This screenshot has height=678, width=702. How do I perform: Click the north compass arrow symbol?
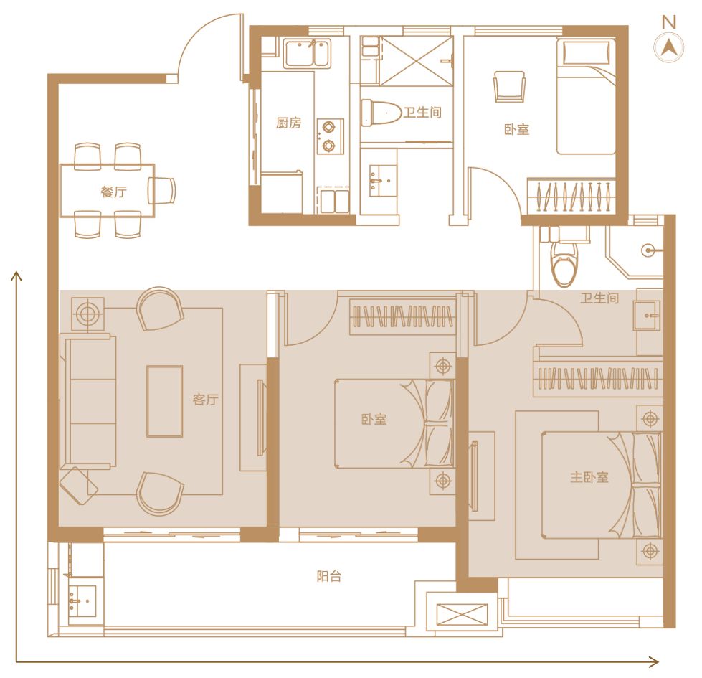click(668, 47)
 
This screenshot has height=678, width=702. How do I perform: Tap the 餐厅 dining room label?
click(114, 192)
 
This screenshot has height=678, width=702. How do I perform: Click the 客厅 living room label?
click(206, 399)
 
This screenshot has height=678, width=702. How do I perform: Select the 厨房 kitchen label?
click(289, 123)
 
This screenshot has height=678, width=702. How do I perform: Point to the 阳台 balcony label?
click(329, 576)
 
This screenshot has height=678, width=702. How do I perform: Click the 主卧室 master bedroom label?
click(589, 477)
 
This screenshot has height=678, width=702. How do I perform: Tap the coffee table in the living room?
click(165, 401)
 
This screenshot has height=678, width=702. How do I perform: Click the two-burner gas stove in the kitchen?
click(331, 136)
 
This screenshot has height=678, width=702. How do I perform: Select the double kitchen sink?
click(307, 53)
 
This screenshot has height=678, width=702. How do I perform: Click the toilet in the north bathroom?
click(381, 112)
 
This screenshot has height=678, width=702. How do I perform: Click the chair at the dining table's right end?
click(163, 190)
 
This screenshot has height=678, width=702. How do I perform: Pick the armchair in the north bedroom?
click(509, 86)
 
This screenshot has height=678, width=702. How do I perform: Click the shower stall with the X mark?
click(417, 60)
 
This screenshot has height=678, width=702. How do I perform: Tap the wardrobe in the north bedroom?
click(571, 196)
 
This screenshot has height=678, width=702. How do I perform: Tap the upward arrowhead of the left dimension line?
click(16, 276)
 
